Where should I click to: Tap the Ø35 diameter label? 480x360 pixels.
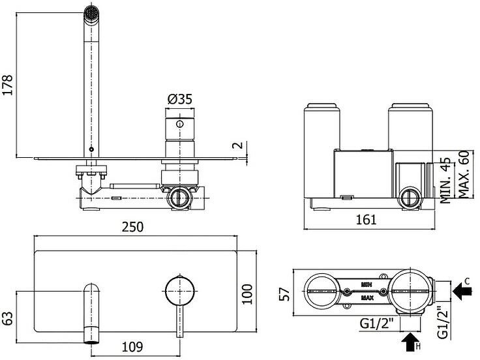179,100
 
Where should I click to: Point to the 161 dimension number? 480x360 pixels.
367,220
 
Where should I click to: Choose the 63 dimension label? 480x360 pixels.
8,319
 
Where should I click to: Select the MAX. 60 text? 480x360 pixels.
464,174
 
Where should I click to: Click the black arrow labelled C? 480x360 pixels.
464,292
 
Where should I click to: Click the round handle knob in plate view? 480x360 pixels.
179,291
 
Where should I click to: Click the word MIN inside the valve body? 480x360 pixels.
367,284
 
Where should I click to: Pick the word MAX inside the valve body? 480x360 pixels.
367,299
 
